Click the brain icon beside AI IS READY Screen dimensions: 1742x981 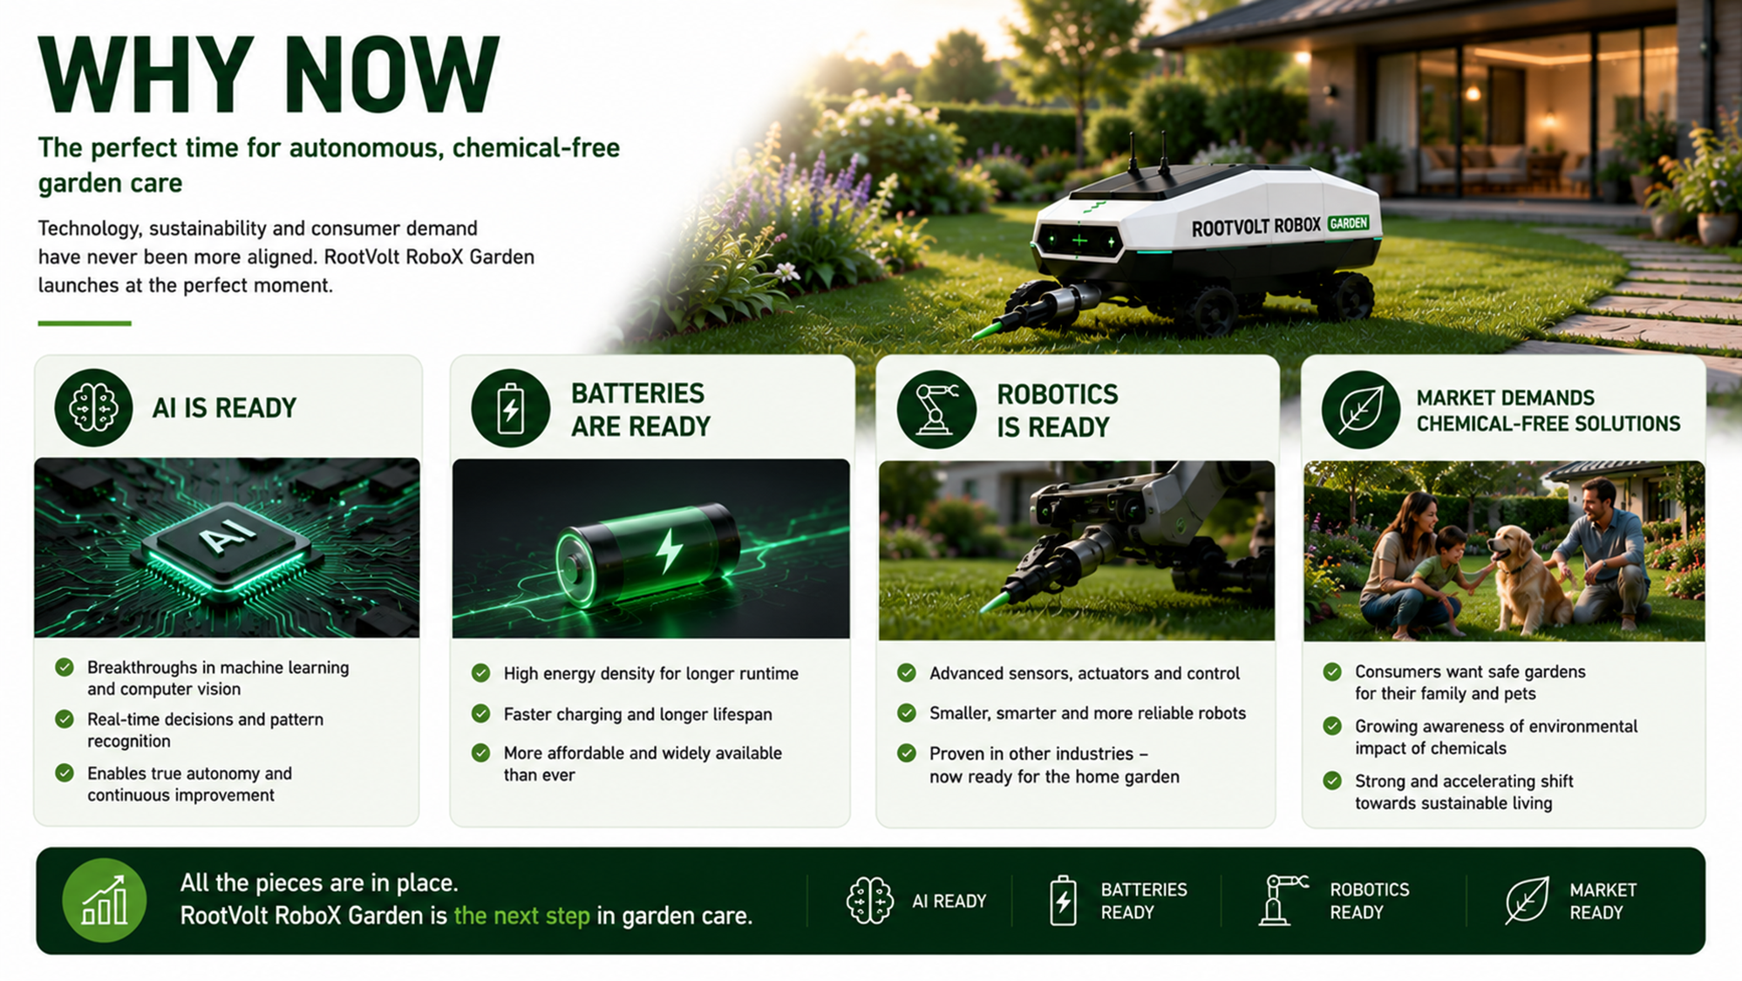93,407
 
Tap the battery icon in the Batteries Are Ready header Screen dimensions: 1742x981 510,408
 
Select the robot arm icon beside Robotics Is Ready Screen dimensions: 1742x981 936,409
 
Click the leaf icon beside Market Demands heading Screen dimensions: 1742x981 1360,410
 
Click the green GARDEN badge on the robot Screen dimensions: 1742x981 1348,223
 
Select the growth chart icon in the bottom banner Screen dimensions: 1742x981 104,900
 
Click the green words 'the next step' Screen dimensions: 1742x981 522,916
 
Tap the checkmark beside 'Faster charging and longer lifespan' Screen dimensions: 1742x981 480,713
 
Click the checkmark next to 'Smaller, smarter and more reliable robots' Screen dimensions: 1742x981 907,712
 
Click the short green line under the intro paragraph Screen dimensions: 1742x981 85,323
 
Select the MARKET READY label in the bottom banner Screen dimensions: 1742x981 1603,901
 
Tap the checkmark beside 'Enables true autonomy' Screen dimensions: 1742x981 65,773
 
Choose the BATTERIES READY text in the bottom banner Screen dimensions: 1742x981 1144,901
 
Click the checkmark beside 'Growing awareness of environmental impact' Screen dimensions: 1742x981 1332,726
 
